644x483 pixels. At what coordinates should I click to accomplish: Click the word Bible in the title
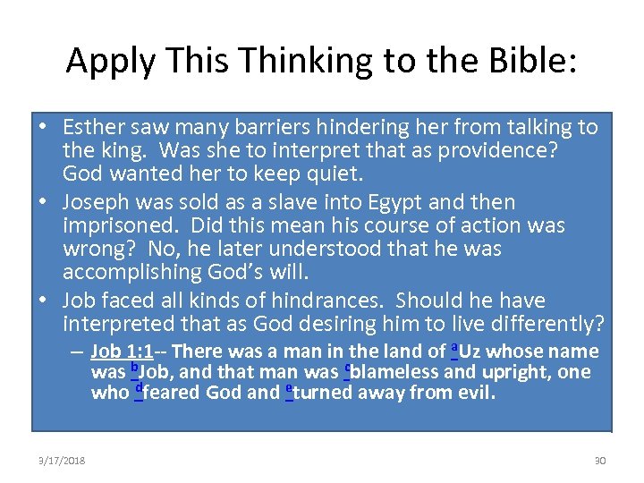coord(531,60)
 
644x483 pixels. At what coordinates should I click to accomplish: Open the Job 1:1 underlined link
coord(122,352)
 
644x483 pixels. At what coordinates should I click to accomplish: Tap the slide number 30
coord(600,461)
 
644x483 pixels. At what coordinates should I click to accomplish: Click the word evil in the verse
coord(475,393)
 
